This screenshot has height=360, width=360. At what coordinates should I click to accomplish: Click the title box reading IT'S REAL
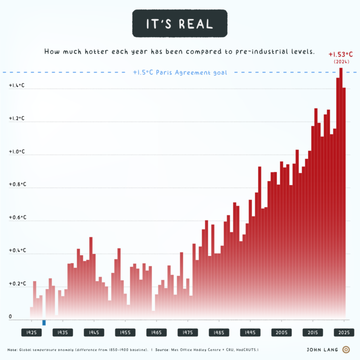[x=179, y=23]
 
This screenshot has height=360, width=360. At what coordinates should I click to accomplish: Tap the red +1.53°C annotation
[x=340, y=54]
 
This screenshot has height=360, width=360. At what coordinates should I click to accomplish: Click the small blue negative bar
[x=44, y=322]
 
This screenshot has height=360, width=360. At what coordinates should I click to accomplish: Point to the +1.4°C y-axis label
[x=17, y=86]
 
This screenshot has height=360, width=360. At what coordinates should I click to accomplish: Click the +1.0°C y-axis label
[x=17, y=152]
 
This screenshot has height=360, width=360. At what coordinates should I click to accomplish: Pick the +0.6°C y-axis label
[x=17, y=217]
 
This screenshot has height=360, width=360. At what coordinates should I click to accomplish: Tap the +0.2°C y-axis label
[x=17, y=283]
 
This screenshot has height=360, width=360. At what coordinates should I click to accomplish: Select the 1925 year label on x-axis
[x=31, y=332]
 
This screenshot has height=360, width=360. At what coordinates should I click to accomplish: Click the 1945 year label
[x=94, y=332]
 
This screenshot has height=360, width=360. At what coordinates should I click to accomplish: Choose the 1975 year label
[x=187, y=332]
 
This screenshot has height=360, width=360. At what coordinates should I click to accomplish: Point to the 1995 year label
[x=250, y=332]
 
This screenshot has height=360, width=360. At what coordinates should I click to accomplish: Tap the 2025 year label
[x=344, y=332]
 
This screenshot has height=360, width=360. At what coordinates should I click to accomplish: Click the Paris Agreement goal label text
[x=180, y=72]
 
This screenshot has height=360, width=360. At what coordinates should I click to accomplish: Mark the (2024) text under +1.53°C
[x=340, y=61]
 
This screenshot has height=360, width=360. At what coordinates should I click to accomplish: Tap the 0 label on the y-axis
[x=10, y=316]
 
